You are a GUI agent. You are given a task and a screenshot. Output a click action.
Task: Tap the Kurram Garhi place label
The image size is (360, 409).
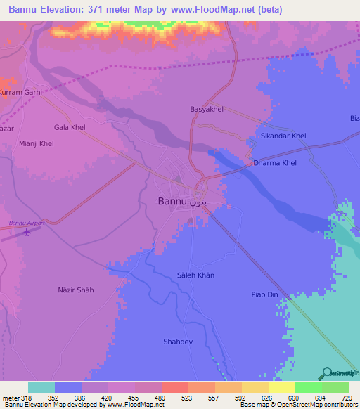(21, 92)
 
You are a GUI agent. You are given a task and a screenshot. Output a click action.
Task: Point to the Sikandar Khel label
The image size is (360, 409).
(283, 135)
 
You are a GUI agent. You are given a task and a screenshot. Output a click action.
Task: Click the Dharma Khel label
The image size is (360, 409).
(275, 163)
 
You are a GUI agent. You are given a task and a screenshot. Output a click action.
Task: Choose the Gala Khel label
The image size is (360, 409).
(70, 127)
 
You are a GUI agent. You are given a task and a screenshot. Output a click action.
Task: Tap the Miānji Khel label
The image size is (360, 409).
(36, 143)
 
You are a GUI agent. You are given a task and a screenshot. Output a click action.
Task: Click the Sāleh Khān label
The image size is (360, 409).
(196, 275)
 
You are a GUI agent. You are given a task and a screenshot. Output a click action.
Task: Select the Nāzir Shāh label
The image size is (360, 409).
(75, 290)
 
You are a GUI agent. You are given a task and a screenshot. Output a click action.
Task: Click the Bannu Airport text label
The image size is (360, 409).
(27, 223)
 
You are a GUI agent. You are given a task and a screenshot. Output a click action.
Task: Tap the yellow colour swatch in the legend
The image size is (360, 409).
(281, 387)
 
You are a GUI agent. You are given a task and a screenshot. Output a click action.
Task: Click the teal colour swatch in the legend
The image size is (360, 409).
(41, 387)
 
